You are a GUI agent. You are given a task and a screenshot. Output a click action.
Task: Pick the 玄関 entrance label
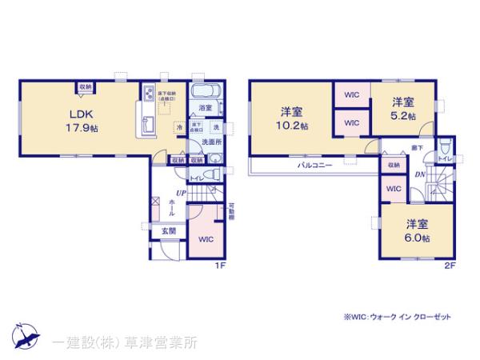169,231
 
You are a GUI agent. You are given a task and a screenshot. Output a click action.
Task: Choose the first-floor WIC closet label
206,238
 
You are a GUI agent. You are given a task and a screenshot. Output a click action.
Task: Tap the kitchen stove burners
148,95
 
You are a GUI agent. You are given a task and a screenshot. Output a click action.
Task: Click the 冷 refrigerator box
179,127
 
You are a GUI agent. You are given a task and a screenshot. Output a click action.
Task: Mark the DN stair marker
418,176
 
